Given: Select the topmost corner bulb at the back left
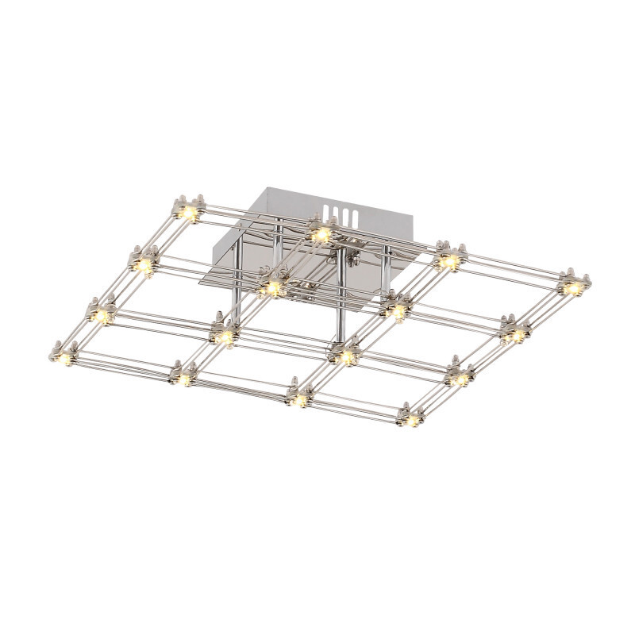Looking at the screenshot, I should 189,214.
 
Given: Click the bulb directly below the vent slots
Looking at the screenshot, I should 321,233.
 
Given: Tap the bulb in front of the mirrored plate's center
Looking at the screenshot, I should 272,283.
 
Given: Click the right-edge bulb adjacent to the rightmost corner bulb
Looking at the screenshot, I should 516,333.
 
